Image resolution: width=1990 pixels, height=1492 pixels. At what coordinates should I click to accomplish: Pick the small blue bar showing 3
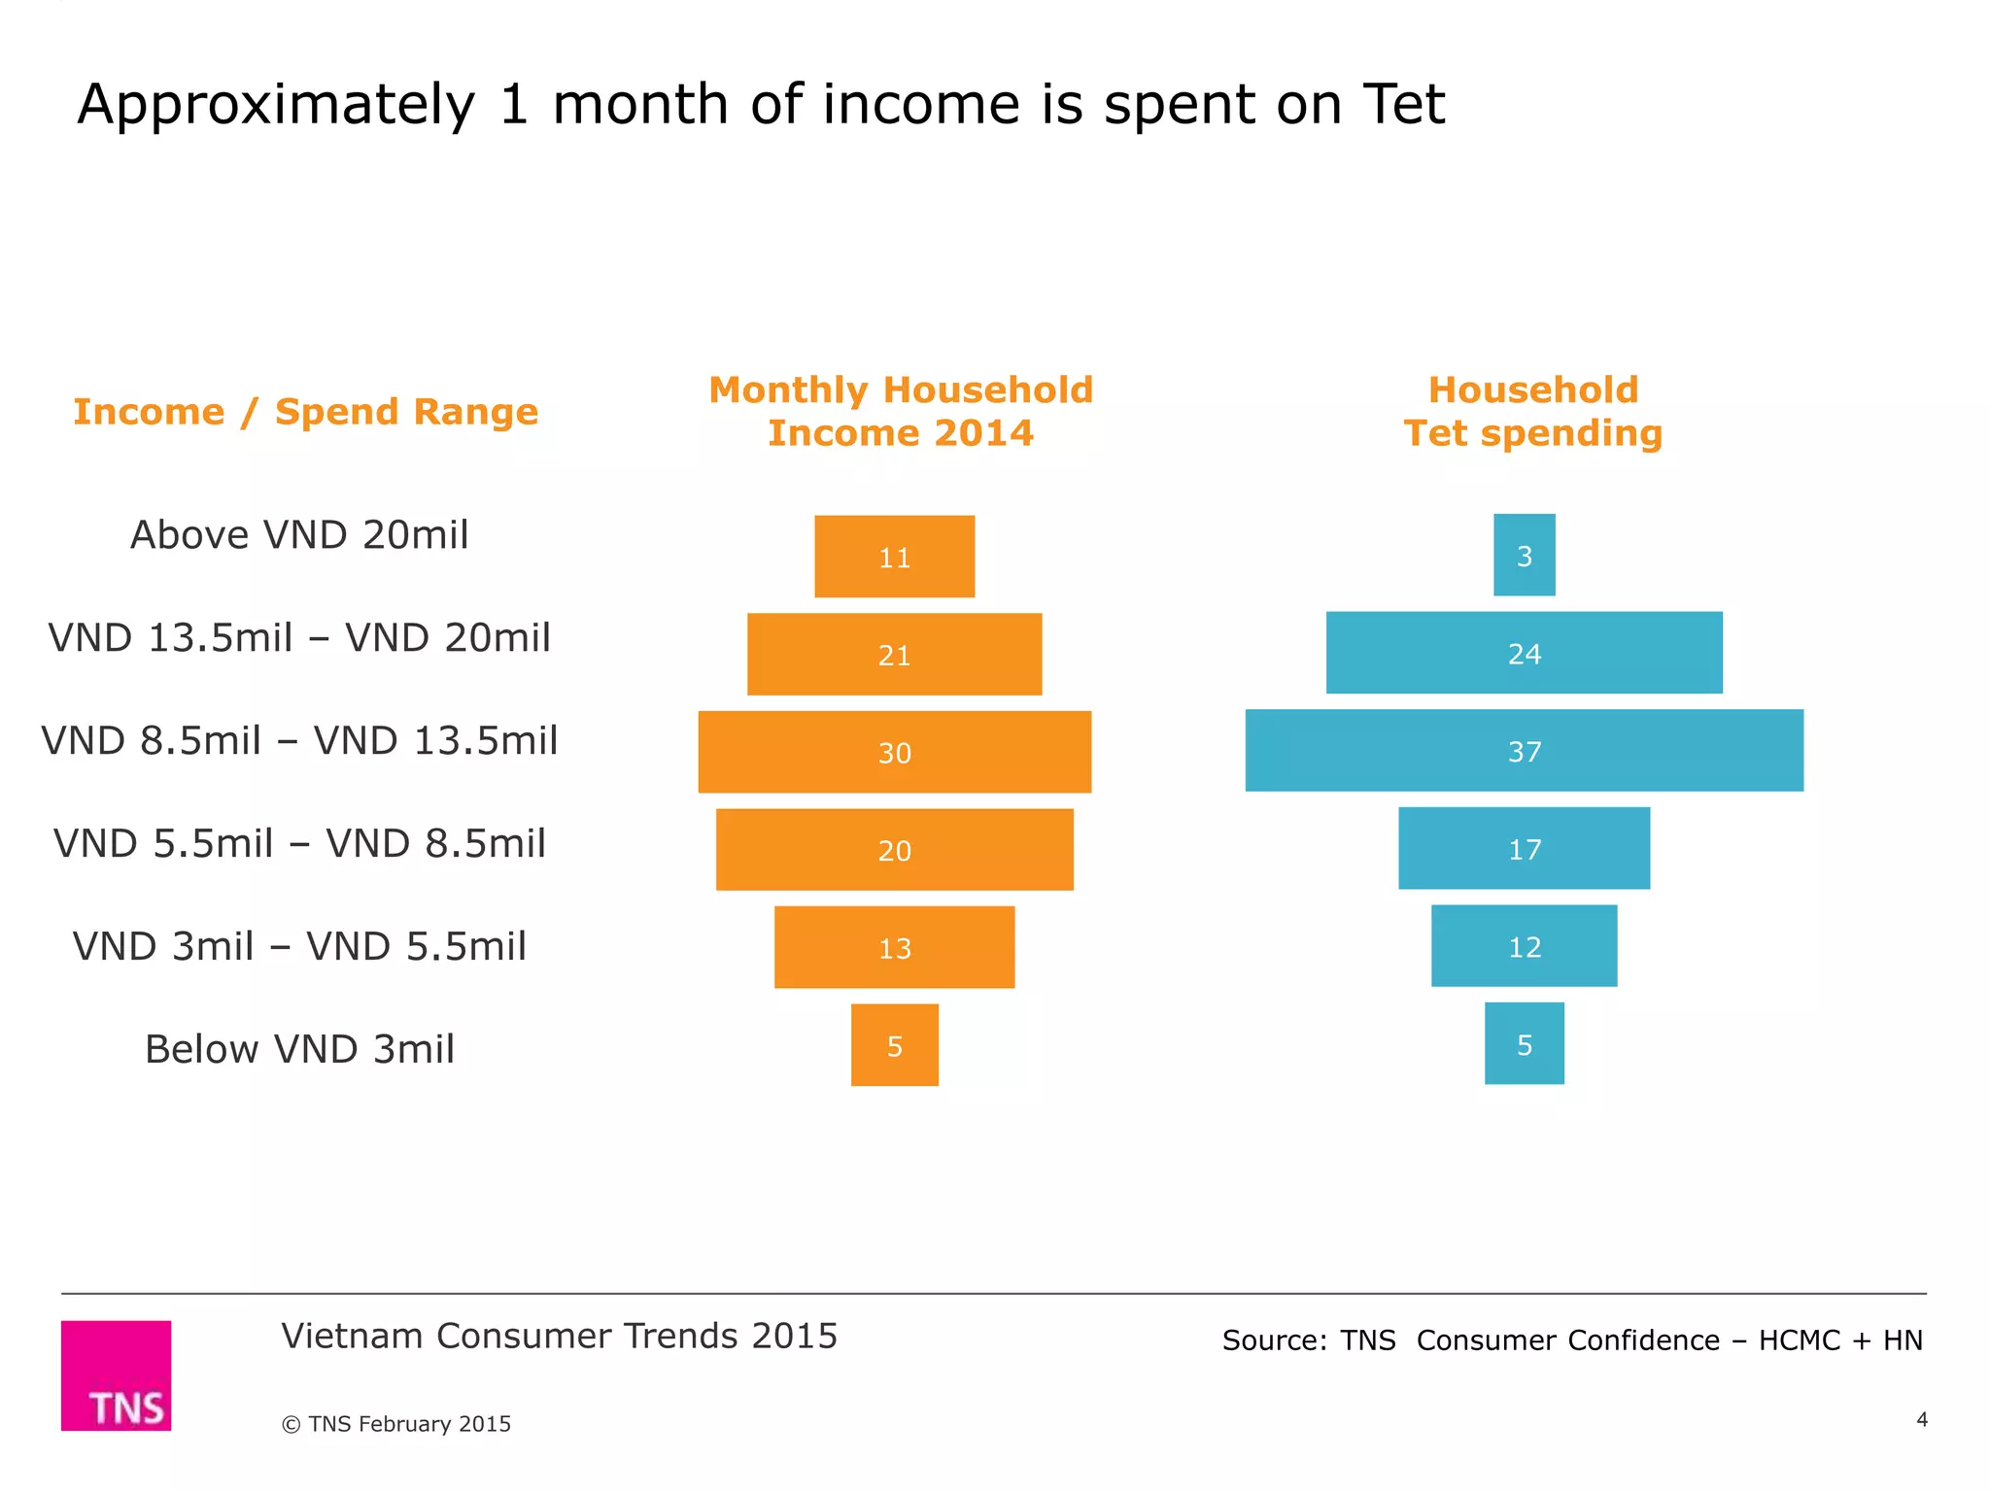pos(1524,555)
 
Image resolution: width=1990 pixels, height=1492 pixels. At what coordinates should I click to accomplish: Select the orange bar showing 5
pos(895,1045)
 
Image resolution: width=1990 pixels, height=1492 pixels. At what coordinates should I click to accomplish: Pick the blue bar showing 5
pos(1525,1043)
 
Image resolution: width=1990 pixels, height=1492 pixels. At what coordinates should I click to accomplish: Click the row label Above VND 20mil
pos(299,535)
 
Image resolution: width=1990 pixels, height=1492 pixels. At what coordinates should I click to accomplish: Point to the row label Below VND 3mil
pos(299,1049)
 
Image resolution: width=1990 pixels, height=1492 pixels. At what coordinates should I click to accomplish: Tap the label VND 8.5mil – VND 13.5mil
pos(299,741)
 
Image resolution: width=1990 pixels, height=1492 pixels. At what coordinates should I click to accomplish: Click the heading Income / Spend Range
pos(305,412)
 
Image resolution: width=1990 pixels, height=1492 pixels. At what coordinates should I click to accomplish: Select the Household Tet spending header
pos(1533,412)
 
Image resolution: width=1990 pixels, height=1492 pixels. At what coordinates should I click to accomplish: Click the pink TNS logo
pos(117,1375)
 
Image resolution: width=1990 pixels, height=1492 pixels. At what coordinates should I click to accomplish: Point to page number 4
pos(1921,1420)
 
